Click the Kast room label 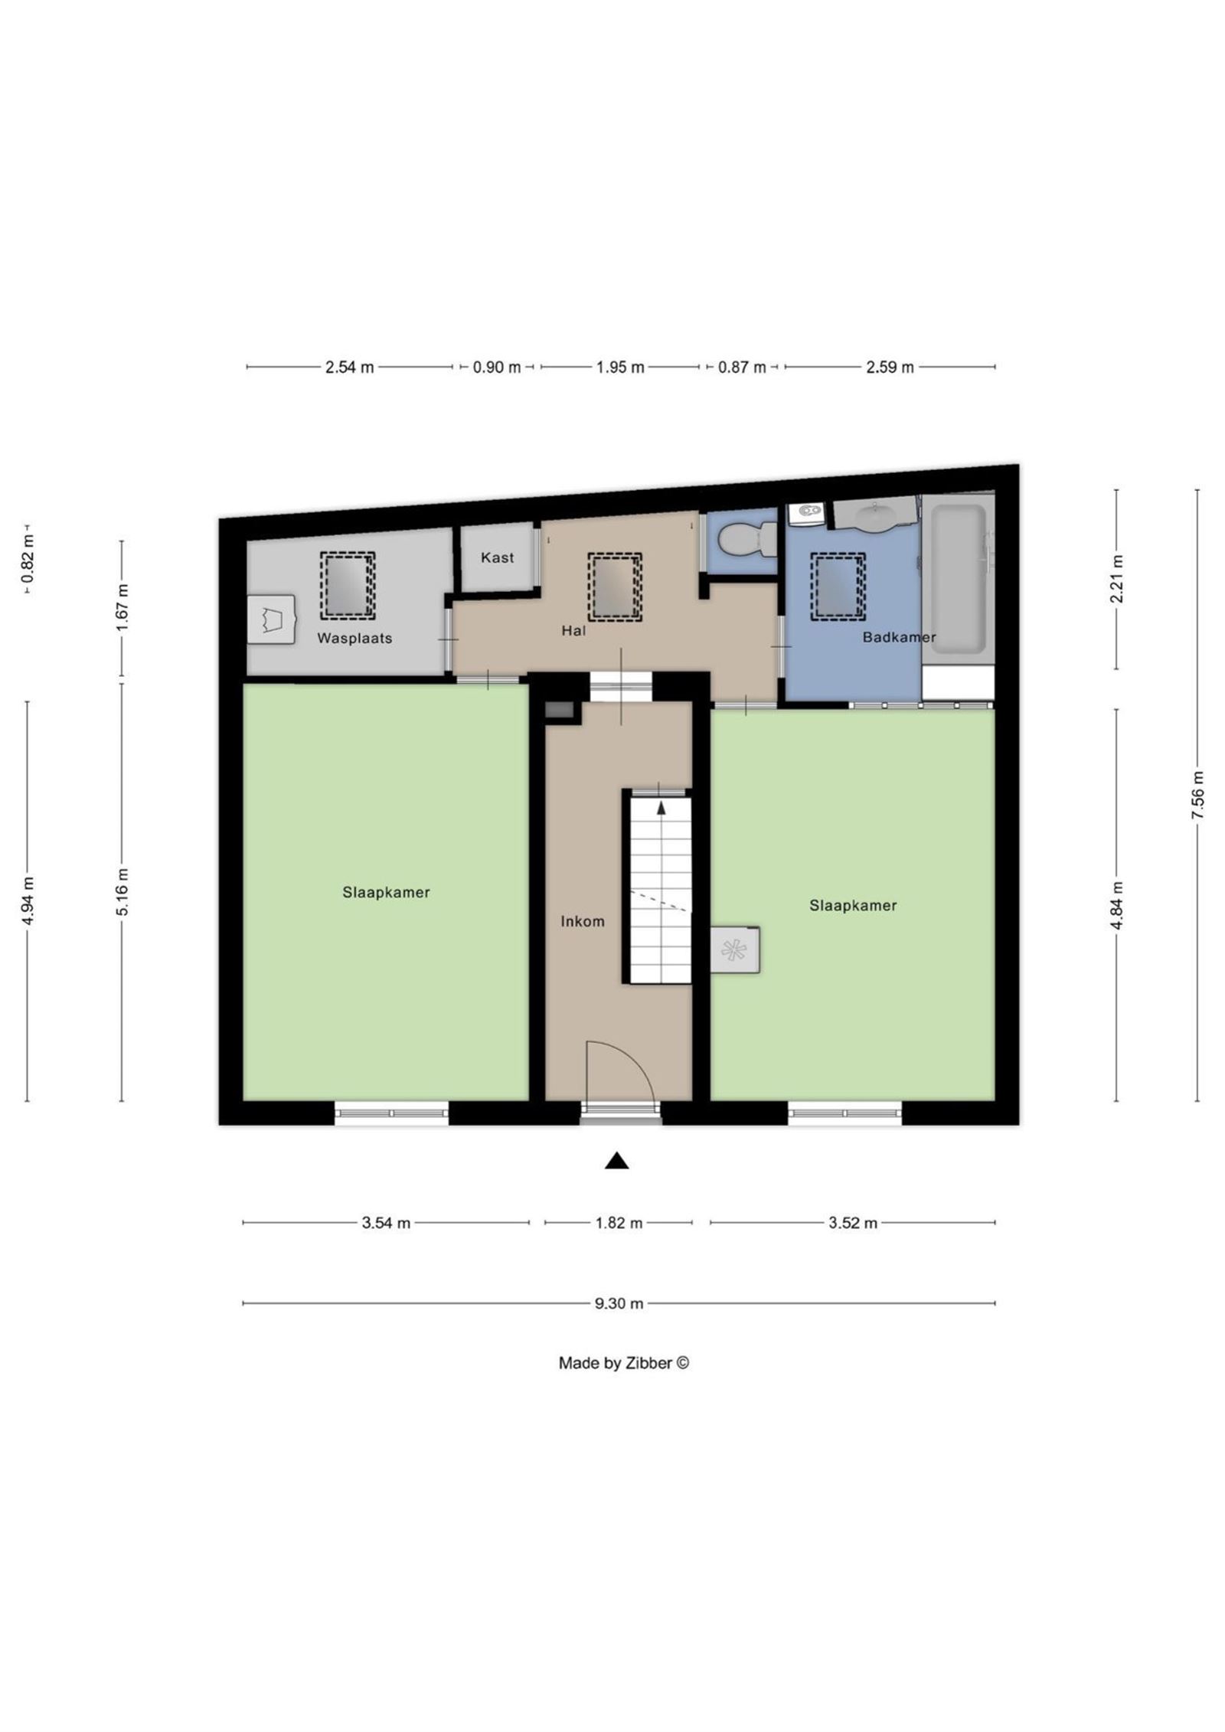coord(497,557)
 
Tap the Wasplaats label coord(354,638)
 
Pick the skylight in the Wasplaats coord(347,586)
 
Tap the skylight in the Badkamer coord(838,586)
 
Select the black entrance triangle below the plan coord(616,1162)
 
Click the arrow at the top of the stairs coord(661,806)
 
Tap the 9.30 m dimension coord(619,1303)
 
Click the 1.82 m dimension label coord(619,1223)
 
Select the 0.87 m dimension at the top coord(741,368)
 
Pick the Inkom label coord(582,921)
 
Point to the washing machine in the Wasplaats coord(271,619)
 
